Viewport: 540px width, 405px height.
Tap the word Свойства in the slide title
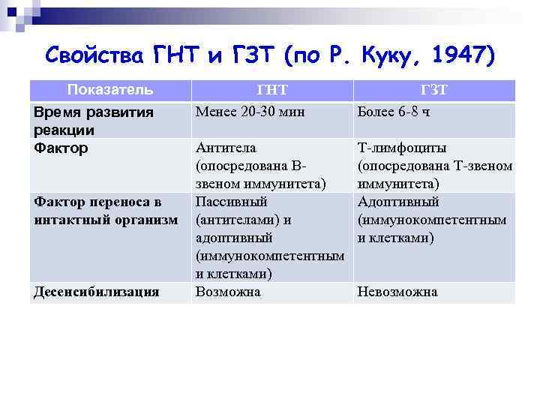96,55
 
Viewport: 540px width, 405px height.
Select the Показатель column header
110,91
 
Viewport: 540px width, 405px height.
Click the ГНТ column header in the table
271,91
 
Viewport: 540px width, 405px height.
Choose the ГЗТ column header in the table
434,91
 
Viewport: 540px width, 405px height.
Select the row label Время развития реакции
94,121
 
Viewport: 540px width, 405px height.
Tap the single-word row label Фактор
61,148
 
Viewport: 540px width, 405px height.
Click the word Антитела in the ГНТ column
224,148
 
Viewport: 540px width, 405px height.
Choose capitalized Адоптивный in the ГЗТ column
398,202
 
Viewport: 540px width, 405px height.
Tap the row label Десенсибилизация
96,292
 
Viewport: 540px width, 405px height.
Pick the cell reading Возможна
228,292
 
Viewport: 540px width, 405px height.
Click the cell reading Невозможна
397,292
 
